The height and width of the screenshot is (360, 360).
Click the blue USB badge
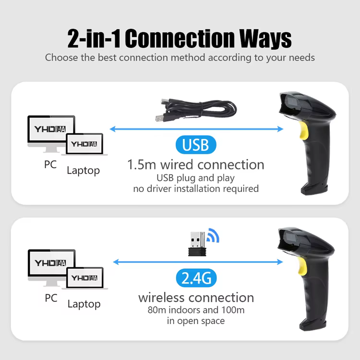pyautogui.click(x=196, y=144)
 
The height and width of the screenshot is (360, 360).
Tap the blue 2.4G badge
pyautogui.click(x=196, y=278)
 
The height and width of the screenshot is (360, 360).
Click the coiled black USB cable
pyautogui.click(x=196, y=110)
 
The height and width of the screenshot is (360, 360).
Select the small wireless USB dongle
pyautogui.click(x=197, y=244)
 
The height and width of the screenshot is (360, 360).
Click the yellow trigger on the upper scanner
pyautogui.click(x=303, y=131)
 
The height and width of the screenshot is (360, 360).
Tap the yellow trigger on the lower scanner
pyautogui.click(x=302, y=266)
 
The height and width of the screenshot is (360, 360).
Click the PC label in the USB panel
pyautogui.click(x=50, y=164)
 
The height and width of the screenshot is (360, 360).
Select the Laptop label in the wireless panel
pyautogui.click(x=84, y=304)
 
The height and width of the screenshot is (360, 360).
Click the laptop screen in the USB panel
pyautogui.click(x=84, y=144)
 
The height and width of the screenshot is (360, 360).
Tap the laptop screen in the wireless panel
pyautogui.click(x=84, y=277)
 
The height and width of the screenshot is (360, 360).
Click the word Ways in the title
pyautogui.click(x=265, y=38)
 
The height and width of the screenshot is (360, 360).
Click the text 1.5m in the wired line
pyautogui.click(x=142, y=165)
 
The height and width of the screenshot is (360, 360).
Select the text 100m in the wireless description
pyautogui.click(x=233, y=310)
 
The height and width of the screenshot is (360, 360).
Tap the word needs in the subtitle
pyautogui.click(x=302, y=58)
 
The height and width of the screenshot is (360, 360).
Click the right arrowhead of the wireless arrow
pyautogui.click(x=280, y=262)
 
